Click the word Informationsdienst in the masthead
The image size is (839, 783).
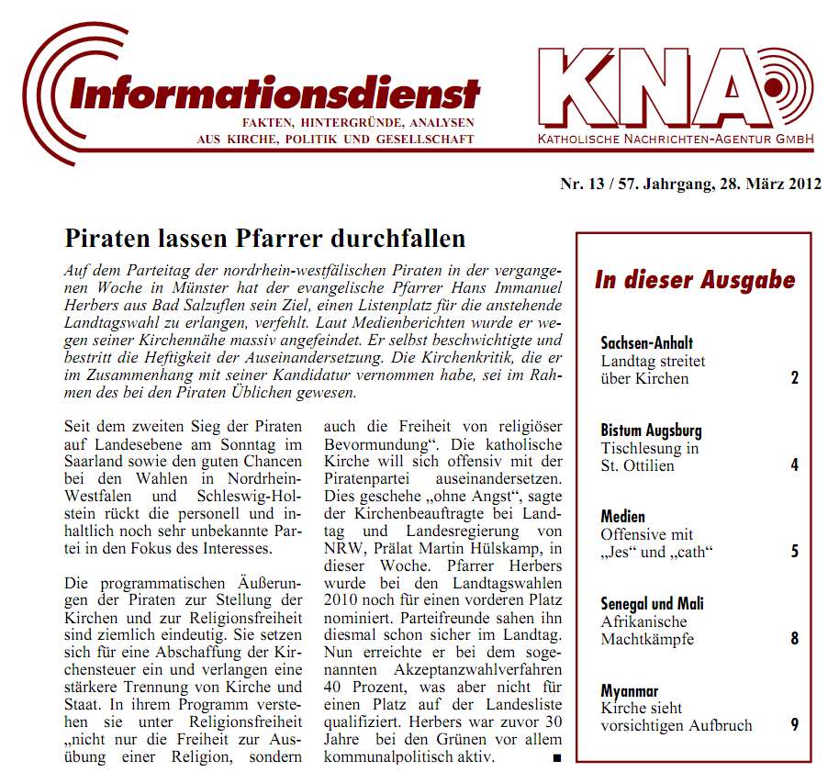click(274, 92)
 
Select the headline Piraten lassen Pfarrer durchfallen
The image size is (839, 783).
click(265, 239)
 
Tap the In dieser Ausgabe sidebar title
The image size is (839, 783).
click(694, 280)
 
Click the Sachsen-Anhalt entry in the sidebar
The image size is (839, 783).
click(646, 343)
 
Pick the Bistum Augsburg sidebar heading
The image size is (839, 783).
click(651, 430)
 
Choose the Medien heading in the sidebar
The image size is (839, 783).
click(623, 517)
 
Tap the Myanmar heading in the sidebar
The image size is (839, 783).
click(630, 690)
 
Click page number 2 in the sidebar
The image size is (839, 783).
click(795, 378)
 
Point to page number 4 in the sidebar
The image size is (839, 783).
click(795, 465)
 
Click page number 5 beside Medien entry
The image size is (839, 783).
click(795, 552)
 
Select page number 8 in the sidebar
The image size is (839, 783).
click(795, 638)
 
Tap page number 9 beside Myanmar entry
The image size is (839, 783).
click(795, 725)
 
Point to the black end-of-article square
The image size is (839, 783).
click(556, 758)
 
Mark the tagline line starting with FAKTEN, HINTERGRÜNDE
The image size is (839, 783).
click(357, 122)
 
